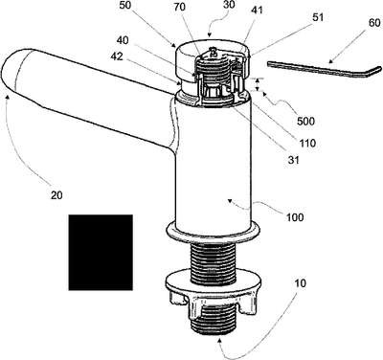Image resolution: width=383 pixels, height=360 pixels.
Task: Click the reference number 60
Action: tap(374, 23)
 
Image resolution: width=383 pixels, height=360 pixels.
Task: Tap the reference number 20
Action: tap(56, 195)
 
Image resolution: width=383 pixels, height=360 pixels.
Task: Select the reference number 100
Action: tap(295, 217)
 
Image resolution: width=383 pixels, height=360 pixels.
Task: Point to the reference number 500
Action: tap(305, 121)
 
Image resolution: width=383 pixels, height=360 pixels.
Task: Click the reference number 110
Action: tap(306, 143)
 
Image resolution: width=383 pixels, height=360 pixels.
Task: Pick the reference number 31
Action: tap(293, 159)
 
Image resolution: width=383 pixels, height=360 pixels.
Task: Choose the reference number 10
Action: tap(300, 283)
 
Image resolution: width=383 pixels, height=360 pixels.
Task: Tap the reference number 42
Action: tap(117, 56)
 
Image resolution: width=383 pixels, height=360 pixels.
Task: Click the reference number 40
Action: tap(123, 40)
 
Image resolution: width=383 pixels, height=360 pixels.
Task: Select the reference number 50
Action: tap(125, 7)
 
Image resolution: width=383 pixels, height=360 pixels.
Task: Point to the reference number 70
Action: tap(180, 7)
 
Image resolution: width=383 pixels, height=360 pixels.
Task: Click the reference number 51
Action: tap(318, 17)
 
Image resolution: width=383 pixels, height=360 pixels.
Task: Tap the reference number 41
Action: tap(257, 10)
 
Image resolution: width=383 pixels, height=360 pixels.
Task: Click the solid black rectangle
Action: tap(101, 253)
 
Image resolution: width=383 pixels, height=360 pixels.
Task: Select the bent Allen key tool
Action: tap(324, 70)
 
